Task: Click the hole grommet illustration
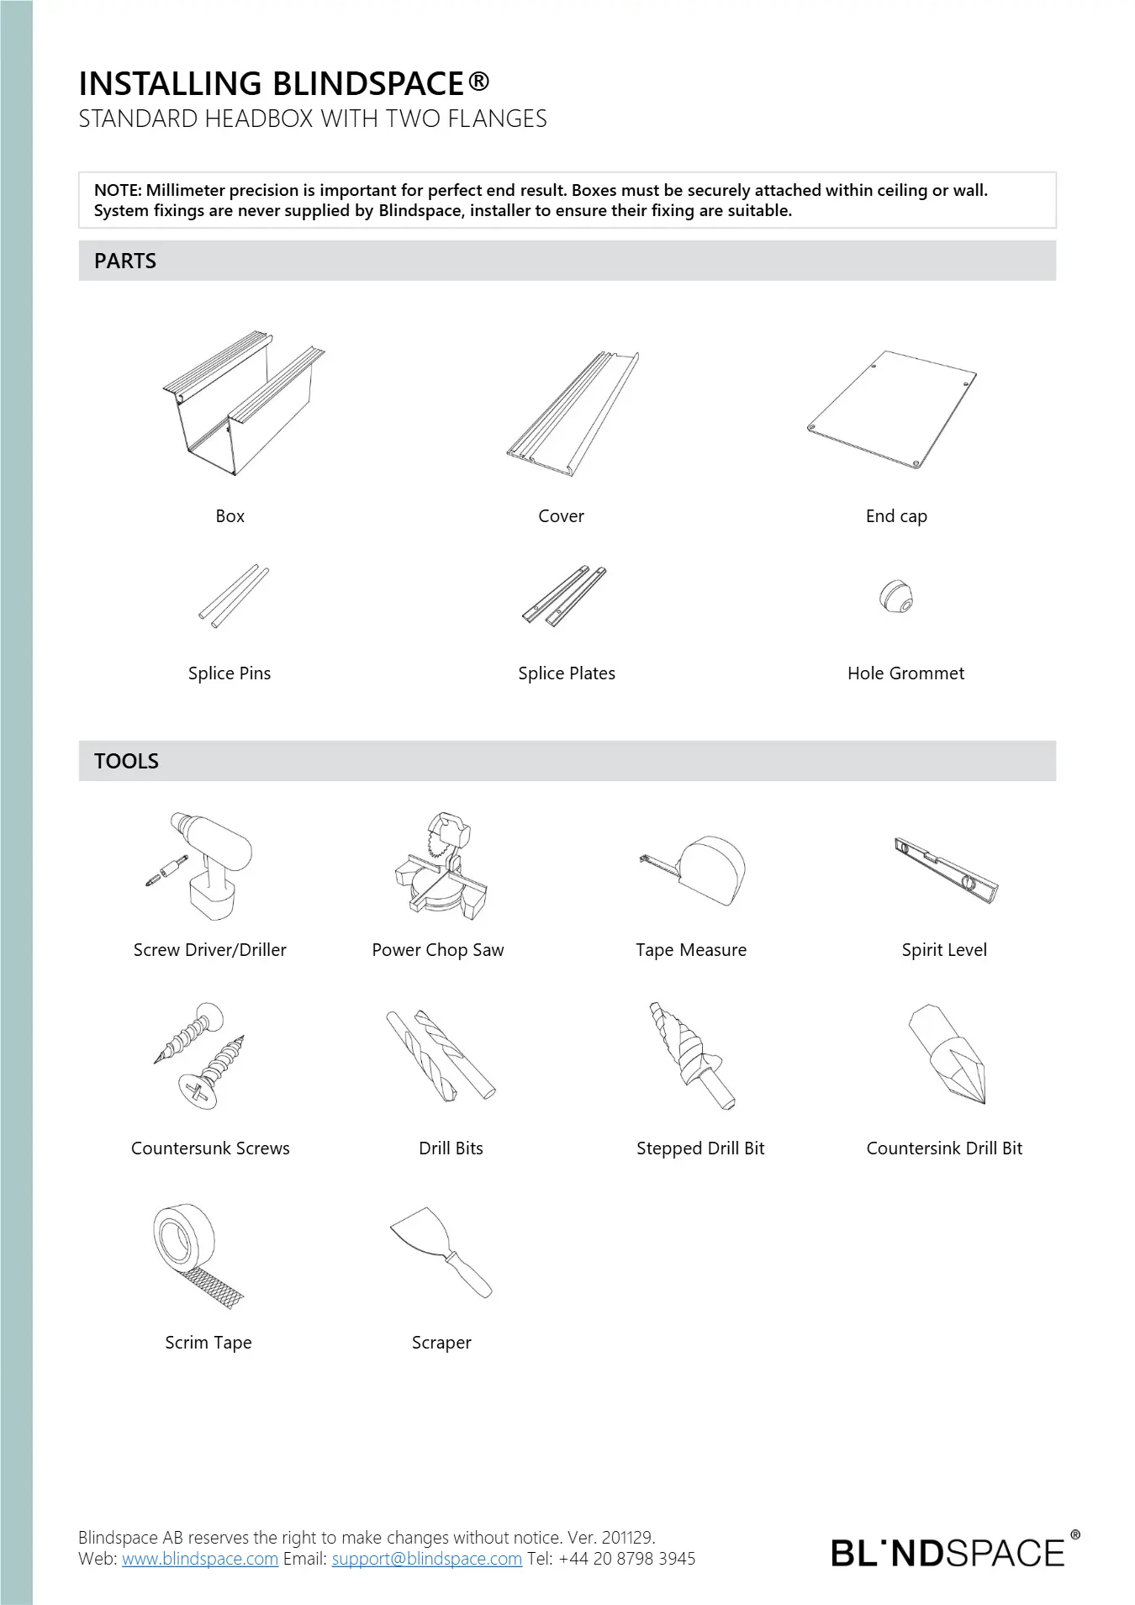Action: [x=896, y=596]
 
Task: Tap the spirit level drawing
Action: [x=946, y=870]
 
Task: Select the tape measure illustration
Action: [x=698, y=870]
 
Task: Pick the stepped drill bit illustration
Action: [x=691, y=1055]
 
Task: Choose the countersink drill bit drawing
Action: [x=948, y=1053]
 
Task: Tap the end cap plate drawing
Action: [x=892, y=409]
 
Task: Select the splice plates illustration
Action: [x=564, y=596]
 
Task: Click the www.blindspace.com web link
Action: [x=200, y=1559]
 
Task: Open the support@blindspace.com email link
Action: [x=427, y=1559]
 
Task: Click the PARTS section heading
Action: [x=125, y=261]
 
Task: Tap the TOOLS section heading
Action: [x=127, y=762]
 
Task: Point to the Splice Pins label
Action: [x=230, y=673]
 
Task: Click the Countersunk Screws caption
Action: [x=210, y=1148]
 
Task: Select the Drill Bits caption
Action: [x=451, y=1148]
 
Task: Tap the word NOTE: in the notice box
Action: [x=118, y=191]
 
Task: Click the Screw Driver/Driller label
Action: [x=210, y=950]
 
